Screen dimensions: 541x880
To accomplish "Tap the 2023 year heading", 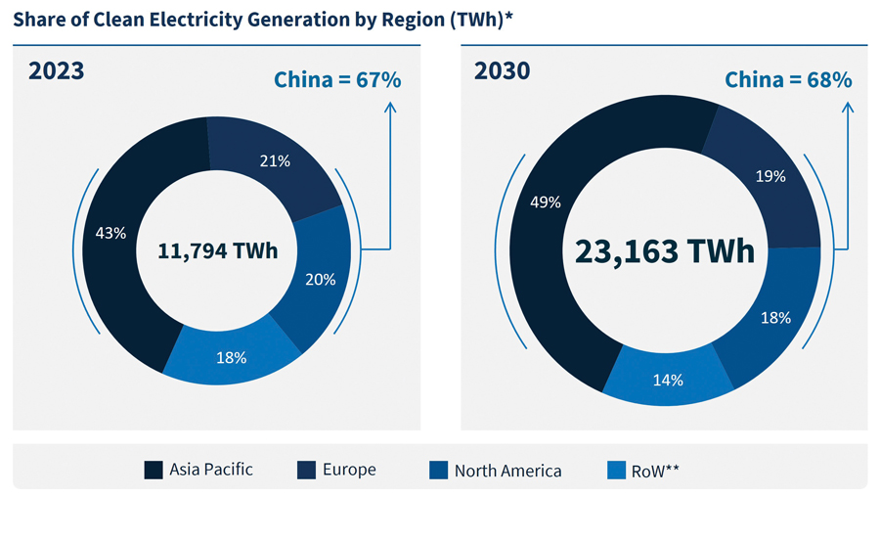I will pyautogui.click(x=56, y=71).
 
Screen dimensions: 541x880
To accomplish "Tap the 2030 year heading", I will pyautogui.click(x=503, y=71).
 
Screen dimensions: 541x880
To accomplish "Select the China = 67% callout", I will pyautogui.click(x=337, y=80).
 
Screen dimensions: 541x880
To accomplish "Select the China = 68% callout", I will pyautogui.click(x=788, y=80).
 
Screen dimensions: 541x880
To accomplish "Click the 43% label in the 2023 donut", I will pyautogui.click(x=111, y=233).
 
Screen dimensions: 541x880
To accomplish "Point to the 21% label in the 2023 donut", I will pyautogui.click(x=276, y=160).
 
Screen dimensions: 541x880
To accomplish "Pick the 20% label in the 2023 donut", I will pyautogui.click(x=321, y=279).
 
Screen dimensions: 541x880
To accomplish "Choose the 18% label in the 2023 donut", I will pyautogui.click(x=231, y=357).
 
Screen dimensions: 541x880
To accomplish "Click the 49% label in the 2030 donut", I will pyautogui.click(x=546, y=203).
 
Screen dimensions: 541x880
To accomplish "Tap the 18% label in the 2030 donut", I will pyautogui.click(x=775, y=317).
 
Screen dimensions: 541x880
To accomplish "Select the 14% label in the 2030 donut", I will pyautogui.click(x=668, y=380).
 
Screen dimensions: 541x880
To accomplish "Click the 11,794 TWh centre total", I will pyautogui.click(x=218, y=251).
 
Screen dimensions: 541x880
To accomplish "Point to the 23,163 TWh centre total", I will pyautogui.click(x=665, y=250).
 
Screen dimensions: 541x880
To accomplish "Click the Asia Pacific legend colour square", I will pyautogui.click(x=154, y=470).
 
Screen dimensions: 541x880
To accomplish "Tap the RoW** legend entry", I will pyautogui.click(x=642, y=471).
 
